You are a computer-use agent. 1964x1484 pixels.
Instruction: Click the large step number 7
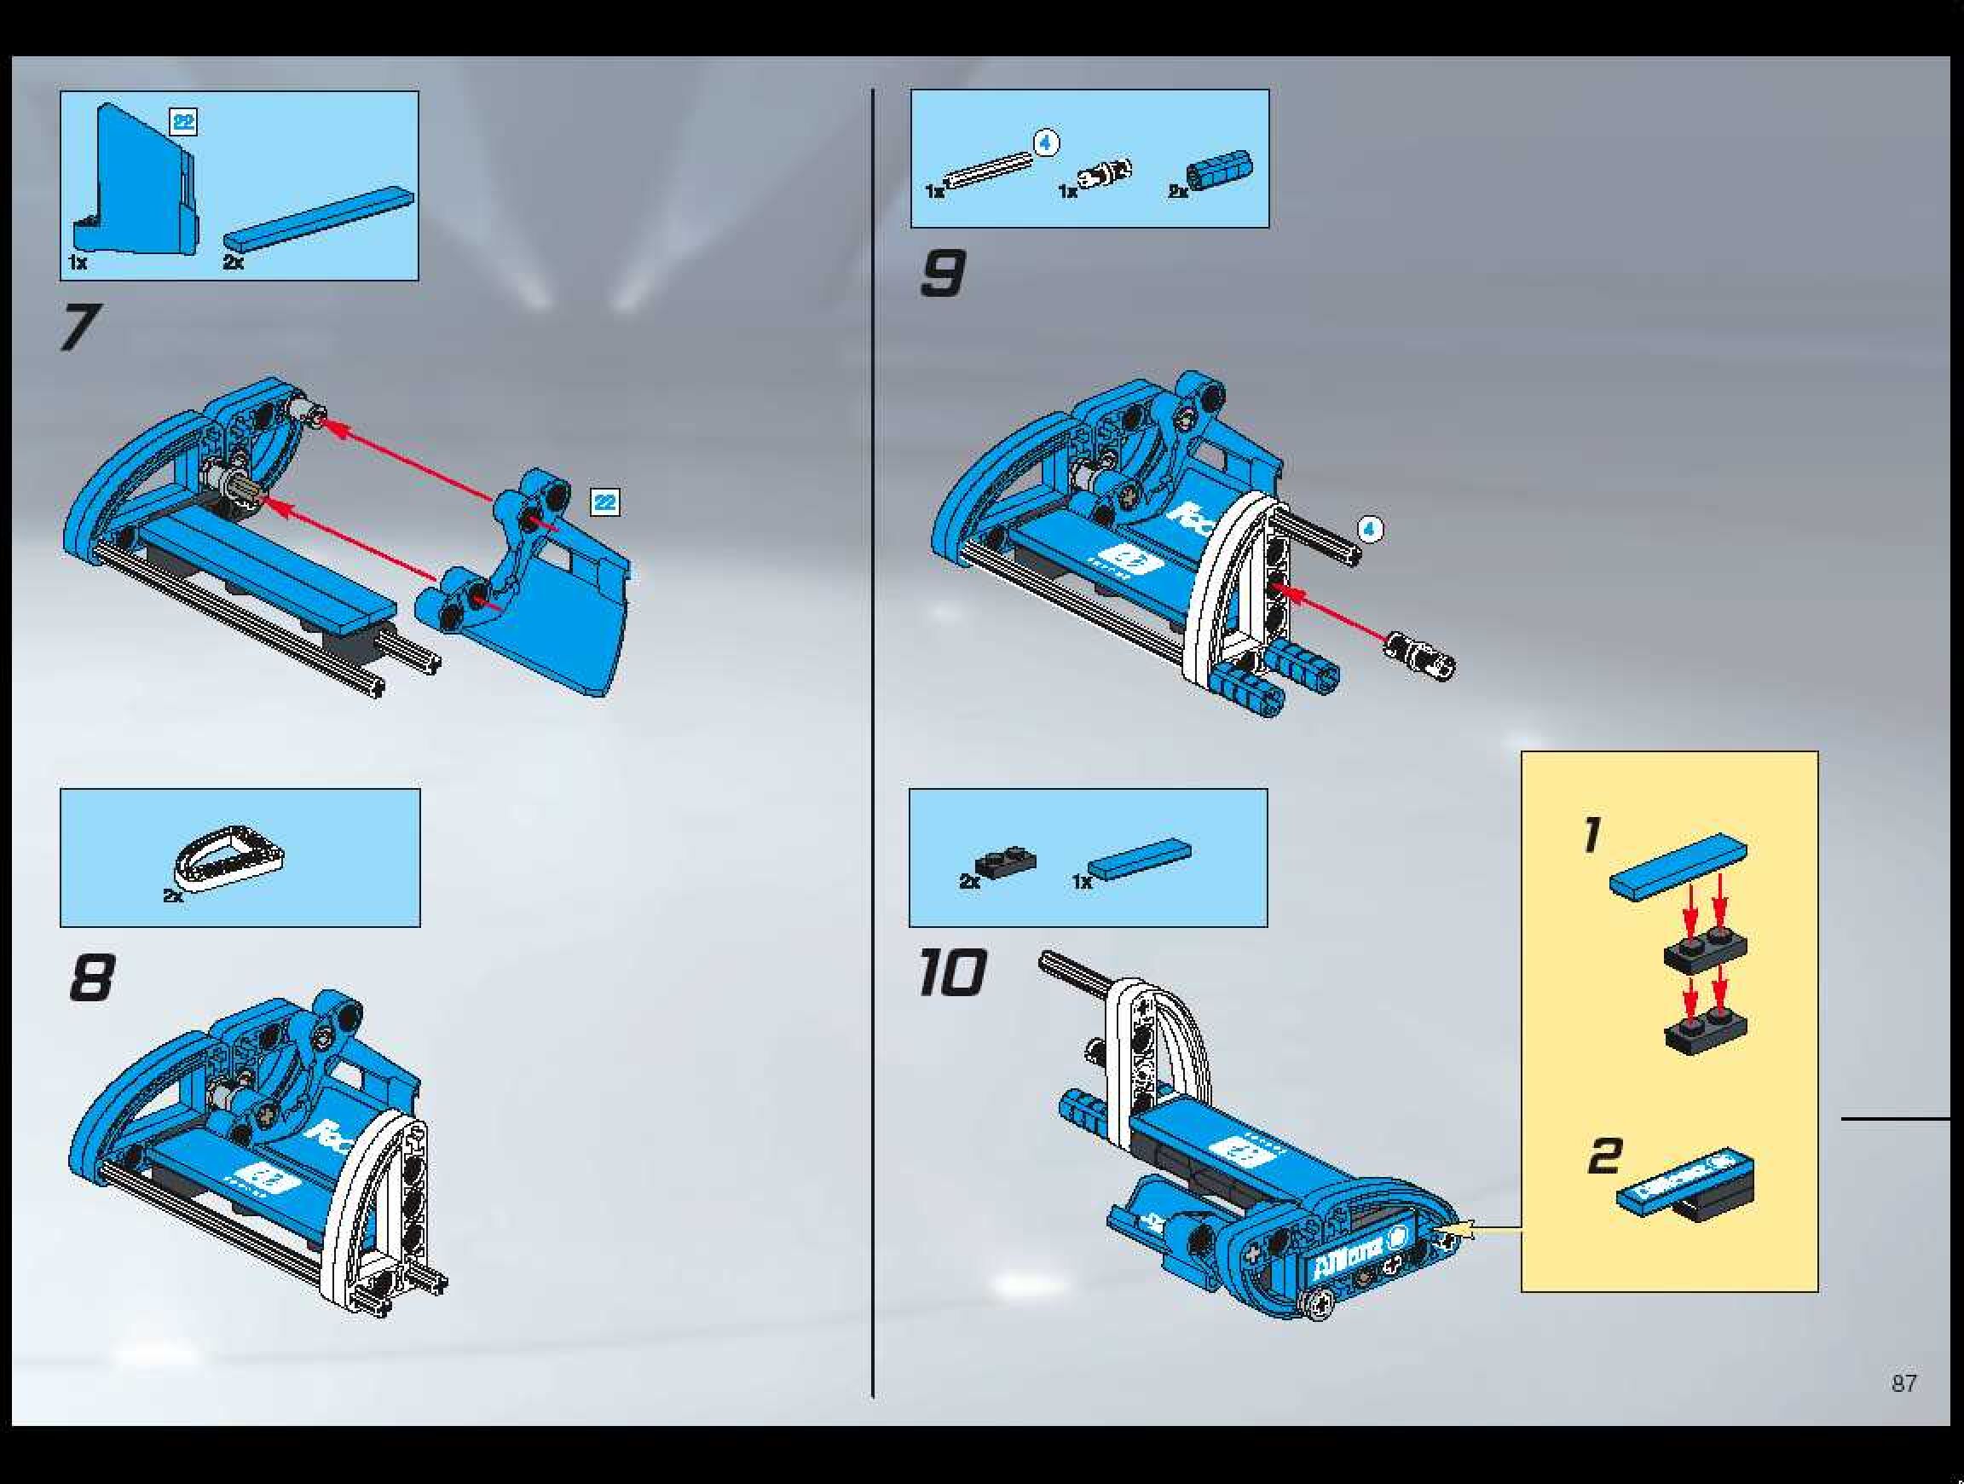tap(80, 327)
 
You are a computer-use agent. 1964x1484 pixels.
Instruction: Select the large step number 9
tap(941, 274)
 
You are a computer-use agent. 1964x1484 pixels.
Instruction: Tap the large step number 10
tap(951, 971)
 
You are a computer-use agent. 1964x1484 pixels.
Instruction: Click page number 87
tap(1903, 1383)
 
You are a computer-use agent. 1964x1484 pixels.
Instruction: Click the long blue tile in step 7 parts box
tap(318, 218)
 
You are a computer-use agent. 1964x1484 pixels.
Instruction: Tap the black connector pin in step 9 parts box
tap(1106, 174)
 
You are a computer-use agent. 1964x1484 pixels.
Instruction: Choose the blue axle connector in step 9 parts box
tap(1220, 170)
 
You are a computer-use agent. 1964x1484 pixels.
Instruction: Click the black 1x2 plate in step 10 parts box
tap(1005, 861)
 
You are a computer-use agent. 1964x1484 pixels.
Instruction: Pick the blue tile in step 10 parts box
tap(1139, 858)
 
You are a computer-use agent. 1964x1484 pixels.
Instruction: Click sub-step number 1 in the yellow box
tap(1591, 836)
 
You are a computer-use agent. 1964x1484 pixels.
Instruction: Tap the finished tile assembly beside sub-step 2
tap(1684, 1184)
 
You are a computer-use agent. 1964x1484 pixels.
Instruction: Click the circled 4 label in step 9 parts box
tap(1047, 142)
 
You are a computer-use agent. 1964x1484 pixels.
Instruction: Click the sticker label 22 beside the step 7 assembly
tap(604, 502)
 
